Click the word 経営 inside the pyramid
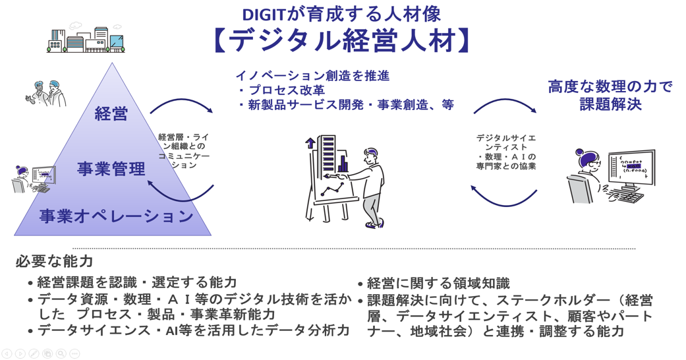pyautogui.click(x=111, y=114)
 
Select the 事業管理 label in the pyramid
pyautogui.click(x=111, y=169)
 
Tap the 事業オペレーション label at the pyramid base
pyautogui.click(x=117, y=216)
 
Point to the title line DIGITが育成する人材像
pyautogui.click(x=342, y=14)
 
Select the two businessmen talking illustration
pyautogui.click(x=46, y=93)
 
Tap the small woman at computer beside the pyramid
pyautogui.click(x=33, y=179)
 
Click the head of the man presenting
pyautogui.click(x=372, y=156)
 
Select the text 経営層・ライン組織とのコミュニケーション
pyautogui.click(x=184, y=151)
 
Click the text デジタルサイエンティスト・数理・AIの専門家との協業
pyautogui.click(x=506, y=152)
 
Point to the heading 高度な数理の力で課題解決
pyautogui.click(x=610, y=95)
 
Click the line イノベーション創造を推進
pyautogui.click(x=312, y=76)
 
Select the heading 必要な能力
pyautogui.click(x=54, y=261)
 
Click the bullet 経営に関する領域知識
pyautogui.click(x=434, y=284)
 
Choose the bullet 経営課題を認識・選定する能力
pyautogui.click(x=132, y=282)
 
